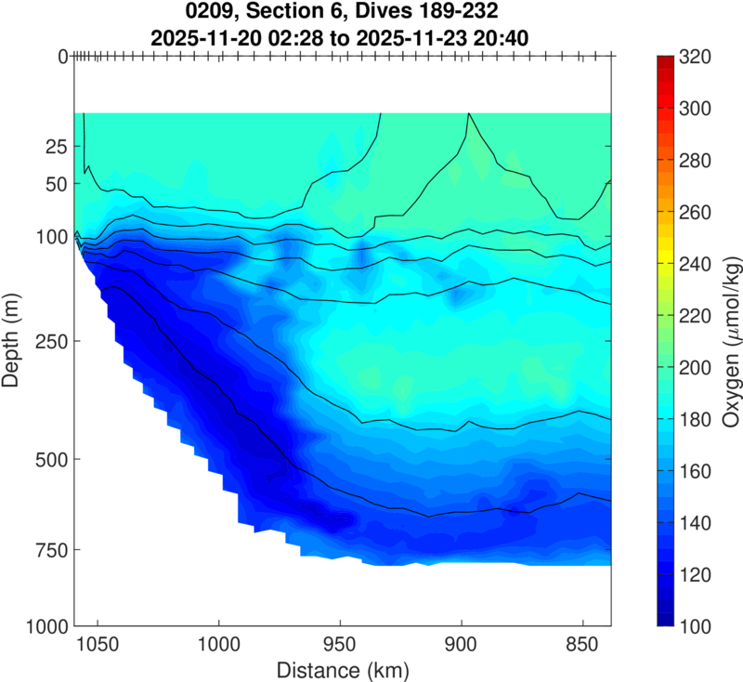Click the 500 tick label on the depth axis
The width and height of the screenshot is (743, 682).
coord(40,459)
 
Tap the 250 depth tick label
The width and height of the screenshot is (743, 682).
coord(40,342)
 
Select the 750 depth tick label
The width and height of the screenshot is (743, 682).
coord(40,550)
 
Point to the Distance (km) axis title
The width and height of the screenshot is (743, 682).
coord(343,669)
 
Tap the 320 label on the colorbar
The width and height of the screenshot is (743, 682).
coord(696,58)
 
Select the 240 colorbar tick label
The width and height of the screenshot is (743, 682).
coord(696,265)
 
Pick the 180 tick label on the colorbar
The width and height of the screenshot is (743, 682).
coord(696,420)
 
